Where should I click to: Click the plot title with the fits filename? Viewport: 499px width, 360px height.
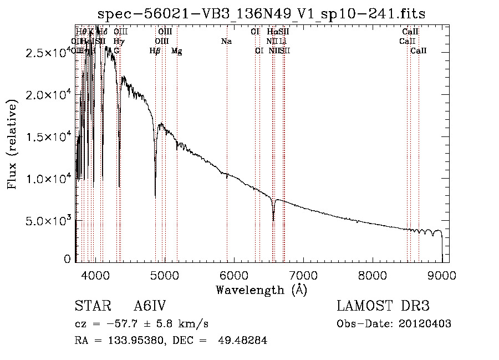point(261,14)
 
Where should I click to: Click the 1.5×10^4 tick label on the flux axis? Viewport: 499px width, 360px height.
point(47,137)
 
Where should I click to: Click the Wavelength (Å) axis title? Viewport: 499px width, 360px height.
point(261,290)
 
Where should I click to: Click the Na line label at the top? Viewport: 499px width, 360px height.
point(226,41)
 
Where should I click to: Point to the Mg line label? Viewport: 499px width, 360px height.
point(177,51)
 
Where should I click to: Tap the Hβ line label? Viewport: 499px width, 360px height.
point(155,51)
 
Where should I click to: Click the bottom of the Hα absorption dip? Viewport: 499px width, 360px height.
point(273,220)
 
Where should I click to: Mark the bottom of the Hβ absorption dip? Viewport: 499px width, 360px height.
point(155,197)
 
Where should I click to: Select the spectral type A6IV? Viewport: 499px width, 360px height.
point(150,307)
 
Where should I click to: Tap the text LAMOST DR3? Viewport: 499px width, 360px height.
point(383,307)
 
